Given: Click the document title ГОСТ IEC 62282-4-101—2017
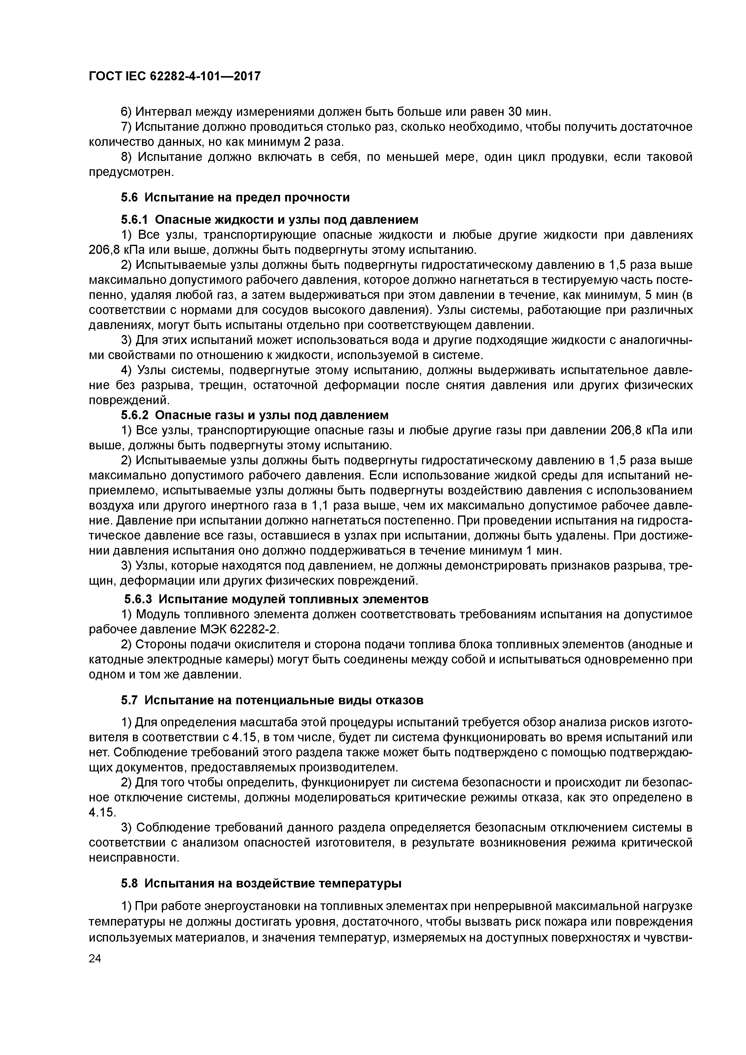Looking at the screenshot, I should click(x=175, y=76).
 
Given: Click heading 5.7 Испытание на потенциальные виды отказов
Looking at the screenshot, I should click(x=272, y=700).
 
